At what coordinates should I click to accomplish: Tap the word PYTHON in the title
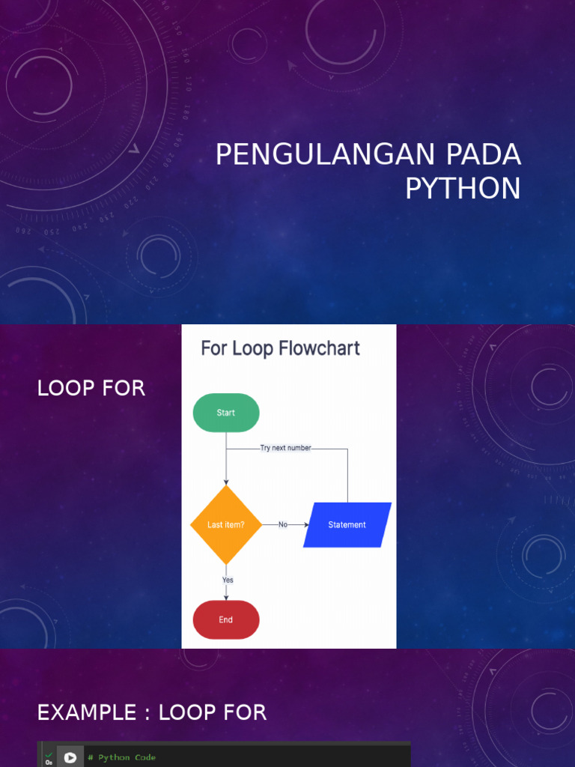click(463, 189)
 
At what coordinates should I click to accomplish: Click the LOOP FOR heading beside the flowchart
click(91, 388)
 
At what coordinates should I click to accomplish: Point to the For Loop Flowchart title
click(280, 348)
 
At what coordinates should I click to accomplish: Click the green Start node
click(226, 413)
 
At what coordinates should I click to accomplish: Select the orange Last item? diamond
click(226, 525)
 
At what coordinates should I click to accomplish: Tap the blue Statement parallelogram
click(347, 525)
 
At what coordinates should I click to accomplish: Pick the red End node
click(226, 620)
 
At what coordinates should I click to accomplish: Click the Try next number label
click(285, 448)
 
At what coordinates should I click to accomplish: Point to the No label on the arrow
click(283, 525)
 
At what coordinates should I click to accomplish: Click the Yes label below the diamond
click(228, 580)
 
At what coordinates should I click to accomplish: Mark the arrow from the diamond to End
click(226, 592)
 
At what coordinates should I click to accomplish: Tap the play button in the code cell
click(70, 757)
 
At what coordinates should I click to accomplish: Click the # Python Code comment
click(121, 757)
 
